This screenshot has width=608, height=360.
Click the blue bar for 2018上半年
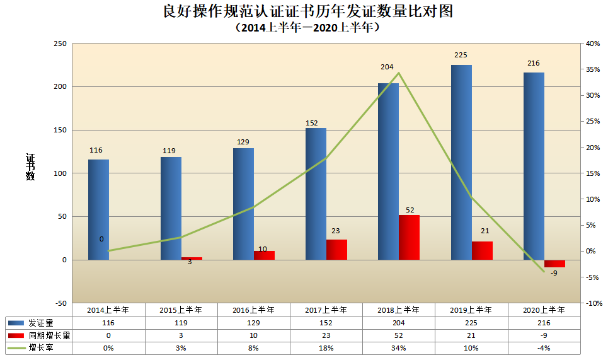point(388,171)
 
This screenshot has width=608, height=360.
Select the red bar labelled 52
point(409,237)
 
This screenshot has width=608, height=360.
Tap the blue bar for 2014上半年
point(98,209)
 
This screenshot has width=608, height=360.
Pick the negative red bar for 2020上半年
point(554,264)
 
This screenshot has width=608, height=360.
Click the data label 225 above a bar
point(461,55)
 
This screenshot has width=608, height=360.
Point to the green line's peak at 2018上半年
point(399,73)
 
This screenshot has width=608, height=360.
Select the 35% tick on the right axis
point(592,70)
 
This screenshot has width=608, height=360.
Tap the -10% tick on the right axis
point(592,303)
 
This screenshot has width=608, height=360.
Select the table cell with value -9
point(543,336)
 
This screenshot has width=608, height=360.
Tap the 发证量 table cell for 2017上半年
point(326,323)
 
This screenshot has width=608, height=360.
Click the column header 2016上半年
point(253,310)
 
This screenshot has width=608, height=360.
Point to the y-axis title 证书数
point(30,167)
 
